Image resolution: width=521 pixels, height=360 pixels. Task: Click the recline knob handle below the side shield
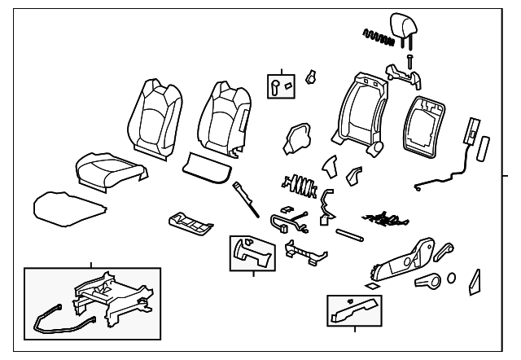coord(427,282)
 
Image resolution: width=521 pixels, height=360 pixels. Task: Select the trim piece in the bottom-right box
coord(355,309)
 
